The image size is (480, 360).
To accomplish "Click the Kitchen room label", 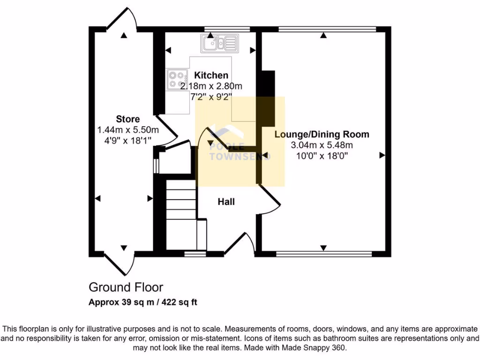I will click(x=211, y=75).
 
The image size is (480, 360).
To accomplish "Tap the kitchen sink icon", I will click(x=219, y=44).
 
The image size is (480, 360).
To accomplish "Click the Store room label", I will click(x=128, y=119).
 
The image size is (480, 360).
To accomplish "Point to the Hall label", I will click(x=226, y=202).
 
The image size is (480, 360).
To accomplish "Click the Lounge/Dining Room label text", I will click(x=322, y=135).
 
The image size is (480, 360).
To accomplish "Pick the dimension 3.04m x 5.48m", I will click(x=322, y=145).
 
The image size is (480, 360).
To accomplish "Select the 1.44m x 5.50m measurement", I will click(x=128, y=130).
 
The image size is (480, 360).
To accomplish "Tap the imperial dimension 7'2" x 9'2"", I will click(x=212, y=97).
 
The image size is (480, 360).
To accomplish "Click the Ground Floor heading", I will click(x=126, y=287).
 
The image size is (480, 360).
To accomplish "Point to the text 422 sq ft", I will click(x=180, y=302).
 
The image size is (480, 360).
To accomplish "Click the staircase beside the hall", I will click(x=180, y=216).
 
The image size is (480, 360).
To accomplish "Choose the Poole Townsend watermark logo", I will click(x=239, y=141).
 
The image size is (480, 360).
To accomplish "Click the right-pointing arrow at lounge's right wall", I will click(x=382, y=155).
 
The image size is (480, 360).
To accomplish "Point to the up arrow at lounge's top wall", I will click(x=323, y=35).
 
